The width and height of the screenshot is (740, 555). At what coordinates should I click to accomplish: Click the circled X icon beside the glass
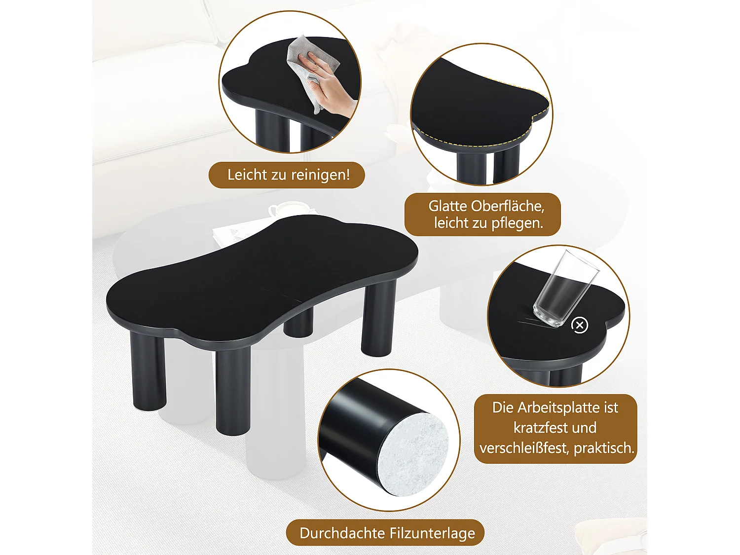(580, 325)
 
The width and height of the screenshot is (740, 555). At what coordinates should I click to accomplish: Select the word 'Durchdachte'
(342, 533)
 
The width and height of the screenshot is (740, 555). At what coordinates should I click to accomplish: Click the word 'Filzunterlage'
(432, 533)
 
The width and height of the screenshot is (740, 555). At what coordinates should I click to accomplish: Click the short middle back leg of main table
(298, 323)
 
